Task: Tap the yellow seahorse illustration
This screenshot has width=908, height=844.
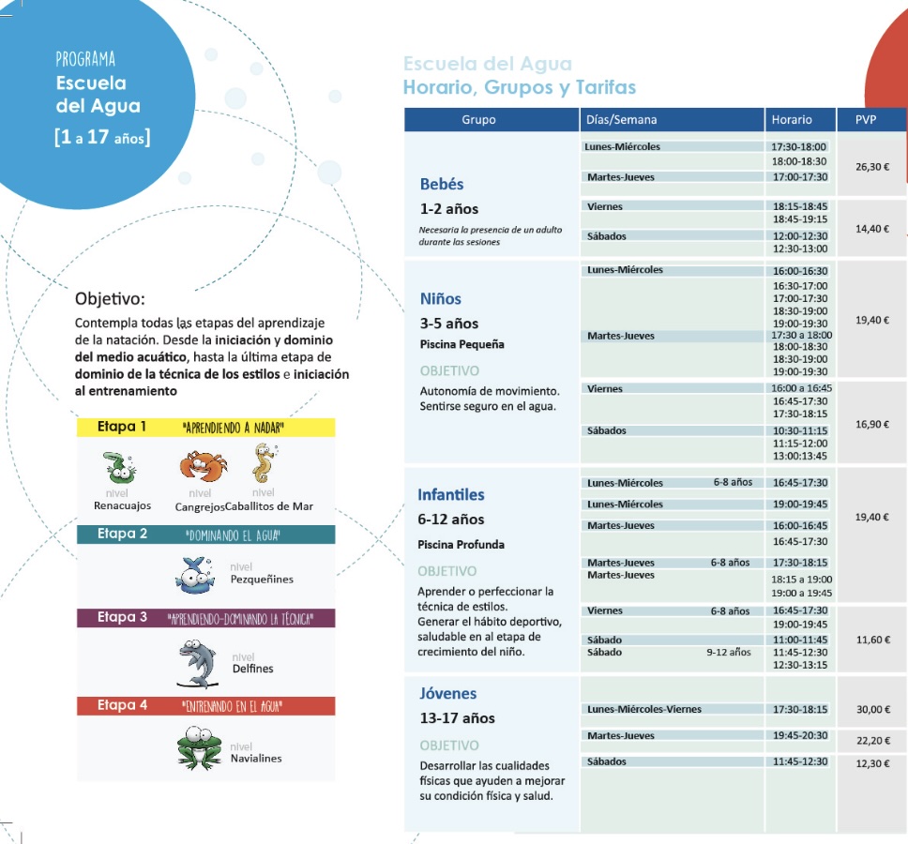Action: (x=263, y=462)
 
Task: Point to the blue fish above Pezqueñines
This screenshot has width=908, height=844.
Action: (x=196, y=574)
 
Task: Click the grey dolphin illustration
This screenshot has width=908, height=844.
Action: (x=198, y=662)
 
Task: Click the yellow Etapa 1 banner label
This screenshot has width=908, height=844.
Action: (x=122, y=427)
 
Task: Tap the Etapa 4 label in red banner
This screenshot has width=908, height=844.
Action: (x=122, y=705)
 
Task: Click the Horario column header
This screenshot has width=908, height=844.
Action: (x=792, y=120)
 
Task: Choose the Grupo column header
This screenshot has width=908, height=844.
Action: (x=478, y=120)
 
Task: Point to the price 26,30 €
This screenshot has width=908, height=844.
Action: (x=872, y=167)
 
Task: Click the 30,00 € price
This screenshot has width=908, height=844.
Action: (x=872, y=710)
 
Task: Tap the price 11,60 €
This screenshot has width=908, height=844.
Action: (x=872, y=640)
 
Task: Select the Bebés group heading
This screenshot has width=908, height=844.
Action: (x=442, y=184)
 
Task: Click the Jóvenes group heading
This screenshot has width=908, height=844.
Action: (x=447, y=694)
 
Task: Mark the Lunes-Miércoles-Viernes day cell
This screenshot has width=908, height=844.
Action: (x=644, y=709)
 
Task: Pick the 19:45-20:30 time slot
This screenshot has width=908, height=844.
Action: (x=800, y=736)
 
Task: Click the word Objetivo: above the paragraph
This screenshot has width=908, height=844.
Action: (x=110, y=300)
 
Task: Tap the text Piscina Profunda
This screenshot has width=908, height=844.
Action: (x=461, y=544)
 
